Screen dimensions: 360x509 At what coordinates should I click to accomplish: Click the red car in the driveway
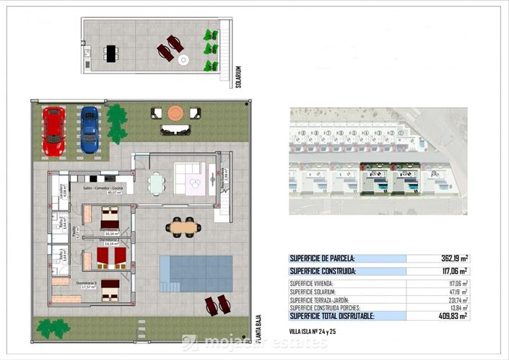tap(53, 131)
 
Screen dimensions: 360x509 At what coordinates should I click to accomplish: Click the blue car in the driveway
tap(90, 130)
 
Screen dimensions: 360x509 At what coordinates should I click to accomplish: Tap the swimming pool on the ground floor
tap(196, 273)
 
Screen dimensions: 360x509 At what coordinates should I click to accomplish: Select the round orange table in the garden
tap(175, 113)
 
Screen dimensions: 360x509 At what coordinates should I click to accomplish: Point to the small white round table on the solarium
tap(183, 61)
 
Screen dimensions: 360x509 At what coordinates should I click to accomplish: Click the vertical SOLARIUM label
tap(238, 77)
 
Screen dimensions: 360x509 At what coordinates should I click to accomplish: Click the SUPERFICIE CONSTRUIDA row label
tap(323, 271)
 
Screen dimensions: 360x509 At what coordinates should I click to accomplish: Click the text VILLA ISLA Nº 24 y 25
tap(313, 331)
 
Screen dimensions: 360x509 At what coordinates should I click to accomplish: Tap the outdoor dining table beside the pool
tap(183, 227)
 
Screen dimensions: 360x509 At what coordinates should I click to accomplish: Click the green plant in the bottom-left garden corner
tap(53, 328)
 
